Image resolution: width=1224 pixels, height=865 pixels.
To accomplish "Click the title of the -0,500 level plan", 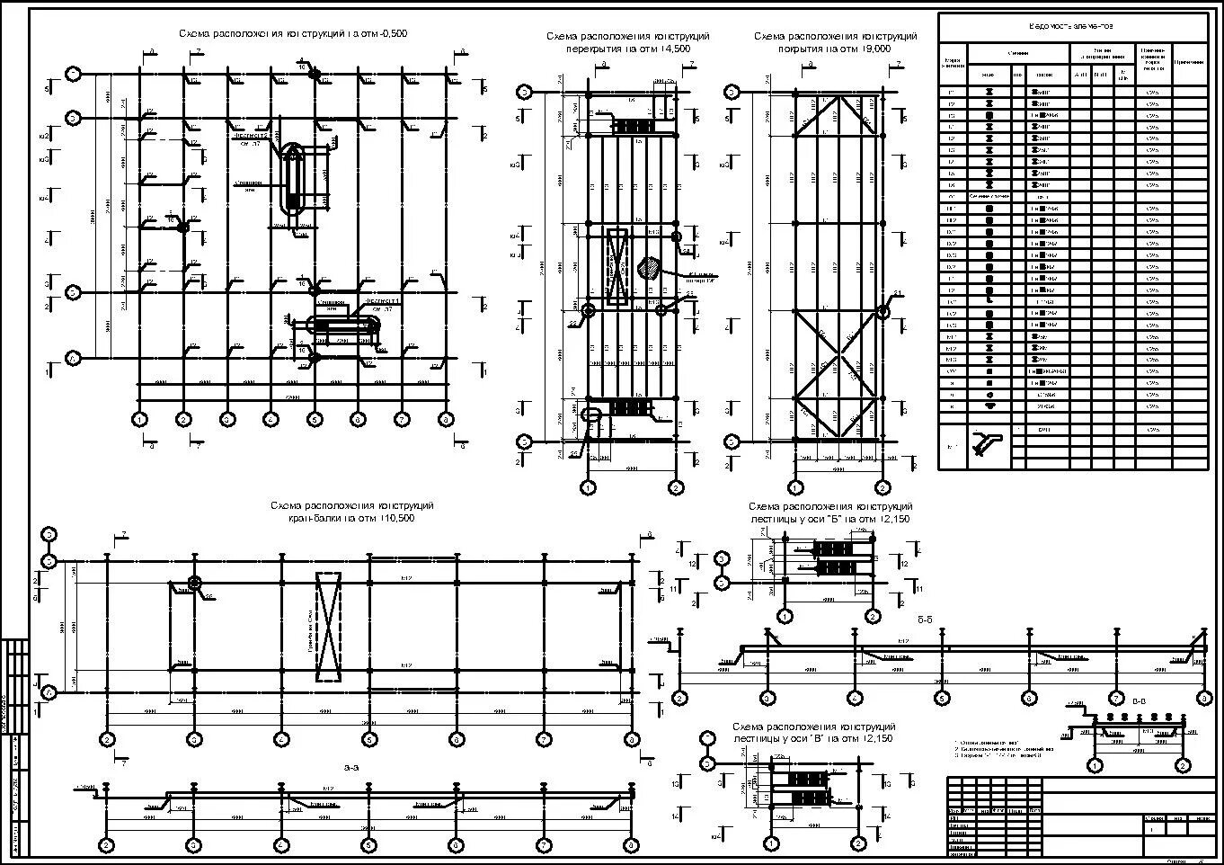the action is pyautogui.click(x=293, y=33).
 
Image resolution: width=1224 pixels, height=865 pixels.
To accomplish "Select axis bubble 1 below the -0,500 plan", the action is pyautogui.click(x=139, y=419).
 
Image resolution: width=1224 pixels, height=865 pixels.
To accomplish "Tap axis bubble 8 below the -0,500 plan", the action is pyautogui.click(x=445, y=419).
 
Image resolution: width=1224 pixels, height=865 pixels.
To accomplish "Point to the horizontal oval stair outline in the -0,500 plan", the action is pyautogui.click(x=343, y=325).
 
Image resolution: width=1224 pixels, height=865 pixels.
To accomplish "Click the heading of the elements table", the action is pyautogui.click(x=1073, y=27).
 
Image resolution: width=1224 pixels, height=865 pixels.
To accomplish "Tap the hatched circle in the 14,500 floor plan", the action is pyautogui.click(x=648, y=267).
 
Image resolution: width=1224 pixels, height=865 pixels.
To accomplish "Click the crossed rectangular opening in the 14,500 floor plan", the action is pyautogui.click(x=616, y=268).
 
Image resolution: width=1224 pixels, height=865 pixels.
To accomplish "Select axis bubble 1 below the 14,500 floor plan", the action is pyautogui.click(x=589, y=487).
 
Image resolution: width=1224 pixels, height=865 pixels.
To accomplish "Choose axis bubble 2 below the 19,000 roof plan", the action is pyautogui.click(x=883, y=487).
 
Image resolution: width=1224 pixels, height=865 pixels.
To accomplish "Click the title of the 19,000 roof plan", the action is pyautogui.click(x=835, y=42).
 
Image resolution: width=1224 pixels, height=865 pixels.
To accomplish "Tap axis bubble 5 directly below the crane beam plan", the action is pyautogui.click(x=369, y=739).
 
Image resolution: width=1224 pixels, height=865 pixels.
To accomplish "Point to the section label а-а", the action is pyautogui.click(x=351, y=767).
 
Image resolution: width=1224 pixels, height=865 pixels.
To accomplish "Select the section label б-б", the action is pyautogui.click(x=926, y=620).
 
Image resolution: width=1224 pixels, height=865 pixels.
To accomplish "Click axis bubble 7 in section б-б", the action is pyautogui.click(x=1115, y=698).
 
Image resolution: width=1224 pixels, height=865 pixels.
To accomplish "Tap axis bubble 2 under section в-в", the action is pyautogui.click(x=1183, y=765).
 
